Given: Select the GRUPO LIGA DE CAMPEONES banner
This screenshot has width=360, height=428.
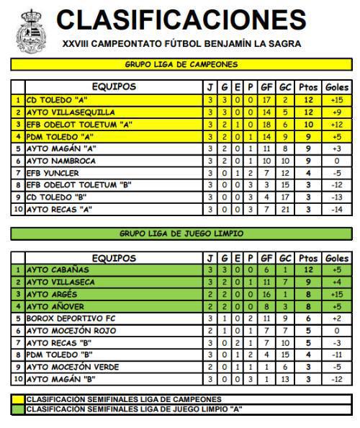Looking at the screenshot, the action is (181, 64).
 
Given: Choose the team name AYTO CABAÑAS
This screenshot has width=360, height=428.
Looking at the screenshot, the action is (56, 269).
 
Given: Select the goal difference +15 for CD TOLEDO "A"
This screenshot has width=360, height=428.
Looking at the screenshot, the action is (337, 100).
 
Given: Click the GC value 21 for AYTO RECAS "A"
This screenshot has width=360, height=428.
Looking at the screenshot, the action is (285, 209).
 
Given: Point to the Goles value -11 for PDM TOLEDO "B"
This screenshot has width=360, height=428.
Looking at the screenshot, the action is (337, 355).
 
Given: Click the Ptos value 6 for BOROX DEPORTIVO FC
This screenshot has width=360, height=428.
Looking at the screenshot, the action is (308, 318).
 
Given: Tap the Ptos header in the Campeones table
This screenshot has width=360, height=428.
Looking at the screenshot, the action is (308, 87).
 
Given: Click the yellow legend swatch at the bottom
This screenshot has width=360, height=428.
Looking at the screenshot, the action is (18, 399).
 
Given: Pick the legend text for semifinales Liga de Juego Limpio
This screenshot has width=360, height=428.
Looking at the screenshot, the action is (134, 409).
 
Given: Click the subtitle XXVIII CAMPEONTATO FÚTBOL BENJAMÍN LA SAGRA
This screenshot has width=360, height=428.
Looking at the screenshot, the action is (181, 44).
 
